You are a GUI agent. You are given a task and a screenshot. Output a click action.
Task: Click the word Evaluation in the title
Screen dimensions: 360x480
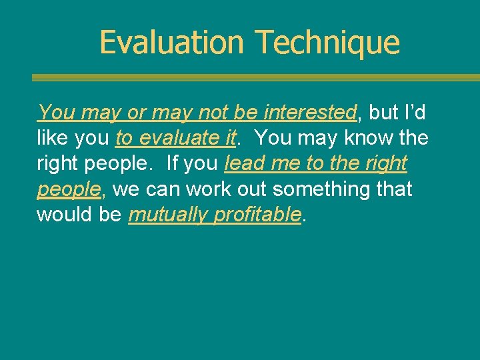click(171, 42)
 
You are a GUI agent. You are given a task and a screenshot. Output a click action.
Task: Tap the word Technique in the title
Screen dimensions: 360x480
click(327, 42)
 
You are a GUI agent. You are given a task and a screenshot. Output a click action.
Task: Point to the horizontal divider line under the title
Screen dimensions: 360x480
click(256, 78)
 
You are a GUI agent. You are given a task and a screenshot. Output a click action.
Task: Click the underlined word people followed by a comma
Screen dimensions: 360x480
click(68, 189)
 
